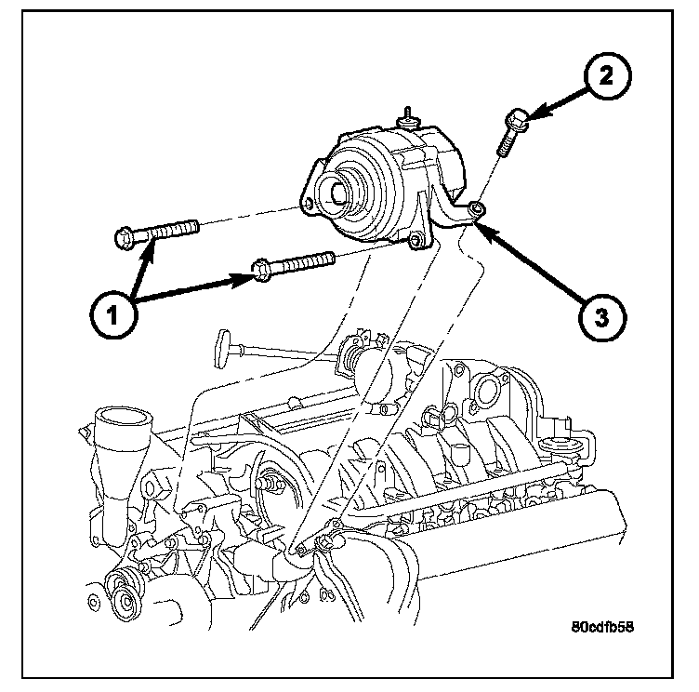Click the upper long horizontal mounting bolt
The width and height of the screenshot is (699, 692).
[158, 229]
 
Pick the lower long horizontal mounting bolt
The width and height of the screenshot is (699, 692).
[291, 263]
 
